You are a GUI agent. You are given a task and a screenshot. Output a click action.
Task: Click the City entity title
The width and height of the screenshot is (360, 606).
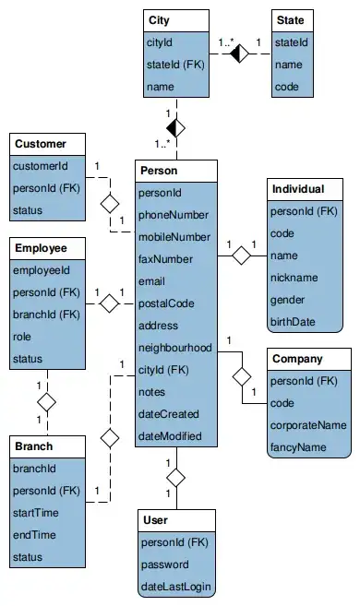pyautogui.click(x=159, y=19)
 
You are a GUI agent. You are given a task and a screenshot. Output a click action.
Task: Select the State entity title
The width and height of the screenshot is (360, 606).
pyautogui.click(x=291, y=19)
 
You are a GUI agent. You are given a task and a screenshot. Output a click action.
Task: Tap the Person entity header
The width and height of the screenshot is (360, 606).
pyautogui.click(x=158, y=171)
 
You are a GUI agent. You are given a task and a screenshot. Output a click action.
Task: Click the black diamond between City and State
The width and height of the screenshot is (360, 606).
pyautogui.click(x=240, y=53)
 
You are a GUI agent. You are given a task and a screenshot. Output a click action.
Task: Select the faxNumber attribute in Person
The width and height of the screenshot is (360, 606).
pyautogui.click(x=163, y=260)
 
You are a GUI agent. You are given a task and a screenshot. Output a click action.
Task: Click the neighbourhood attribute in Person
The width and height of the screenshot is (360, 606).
pyautogui.click(x=174, y=348)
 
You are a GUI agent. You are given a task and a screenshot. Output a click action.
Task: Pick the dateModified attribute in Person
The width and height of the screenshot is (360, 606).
pyautogui.click(x=169, y=436)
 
